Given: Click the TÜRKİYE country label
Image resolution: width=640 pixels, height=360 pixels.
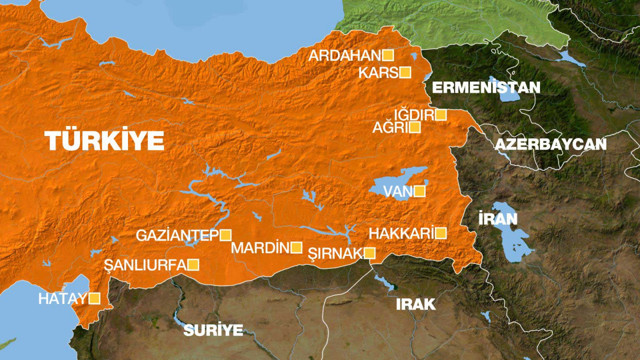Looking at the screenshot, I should [105, 141].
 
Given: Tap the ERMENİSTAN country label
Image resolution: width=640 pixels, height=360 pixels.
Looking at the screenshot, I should [486, 88].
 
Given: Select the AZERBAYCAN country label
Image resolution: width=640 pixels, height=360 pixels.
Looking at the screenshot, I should [550, 145].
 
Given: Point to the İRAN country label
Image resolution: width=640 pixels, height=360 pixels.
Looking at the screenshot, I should [497, 219].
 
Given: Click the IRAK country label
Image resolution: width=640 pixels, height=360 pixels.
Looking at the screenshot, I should [416, 304].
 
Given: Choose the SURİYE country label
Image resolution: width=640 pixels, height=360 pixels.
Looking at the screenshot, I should [214, 329].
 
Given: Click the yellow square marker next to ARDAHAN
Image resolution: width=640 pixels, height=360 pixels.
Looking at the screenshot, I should [388, 55].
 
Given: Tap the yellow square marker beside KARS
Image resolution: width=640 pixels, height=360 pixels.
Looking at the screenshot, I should [405, 72].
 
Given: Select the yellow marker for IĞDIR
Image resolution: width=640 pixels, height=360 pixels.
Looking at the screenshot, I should [440, 115].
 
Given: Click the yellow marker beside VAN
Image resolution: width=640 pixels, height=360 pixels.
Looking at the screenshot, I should [419, 190].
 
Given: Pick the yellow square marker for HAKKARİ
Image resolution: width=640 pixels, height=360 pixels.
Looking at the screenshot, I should [440, 233].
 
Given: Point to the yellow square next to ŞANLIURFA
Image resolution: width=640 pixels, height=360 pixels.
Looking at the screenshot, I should [194, 265].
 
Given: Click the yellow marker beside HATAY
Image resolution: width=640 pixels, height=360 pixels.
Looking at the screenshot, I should [94, 298].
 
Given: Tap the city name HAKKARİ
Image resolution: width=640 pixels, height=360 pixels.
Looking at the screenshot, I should [400, 233].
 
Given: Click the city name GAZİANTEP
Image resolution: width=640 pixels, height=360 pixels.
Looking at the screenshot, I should [177, 235].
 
